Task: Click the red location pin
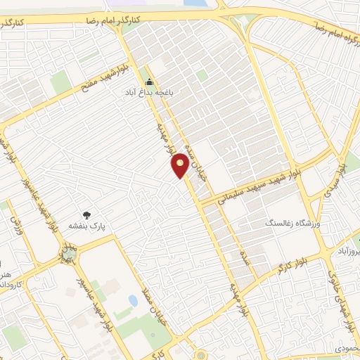tap(181, 165)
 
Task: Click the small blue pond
tap(133, 301)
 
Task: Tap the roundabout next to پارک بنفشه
tap(69, 251)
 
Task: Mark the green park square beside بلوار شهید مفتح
tap(60, 82)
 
